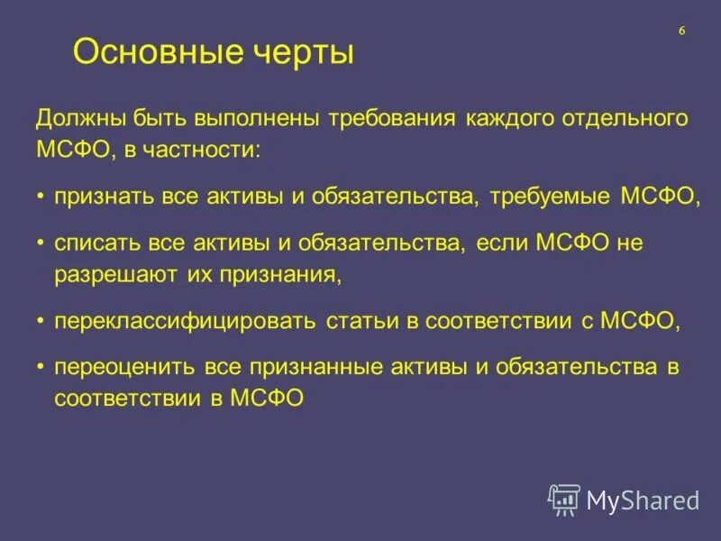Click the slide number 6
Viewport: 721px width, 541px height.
click(x=681, y=31)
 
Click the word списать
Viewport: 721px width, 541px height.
click(x=95, y=244)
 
